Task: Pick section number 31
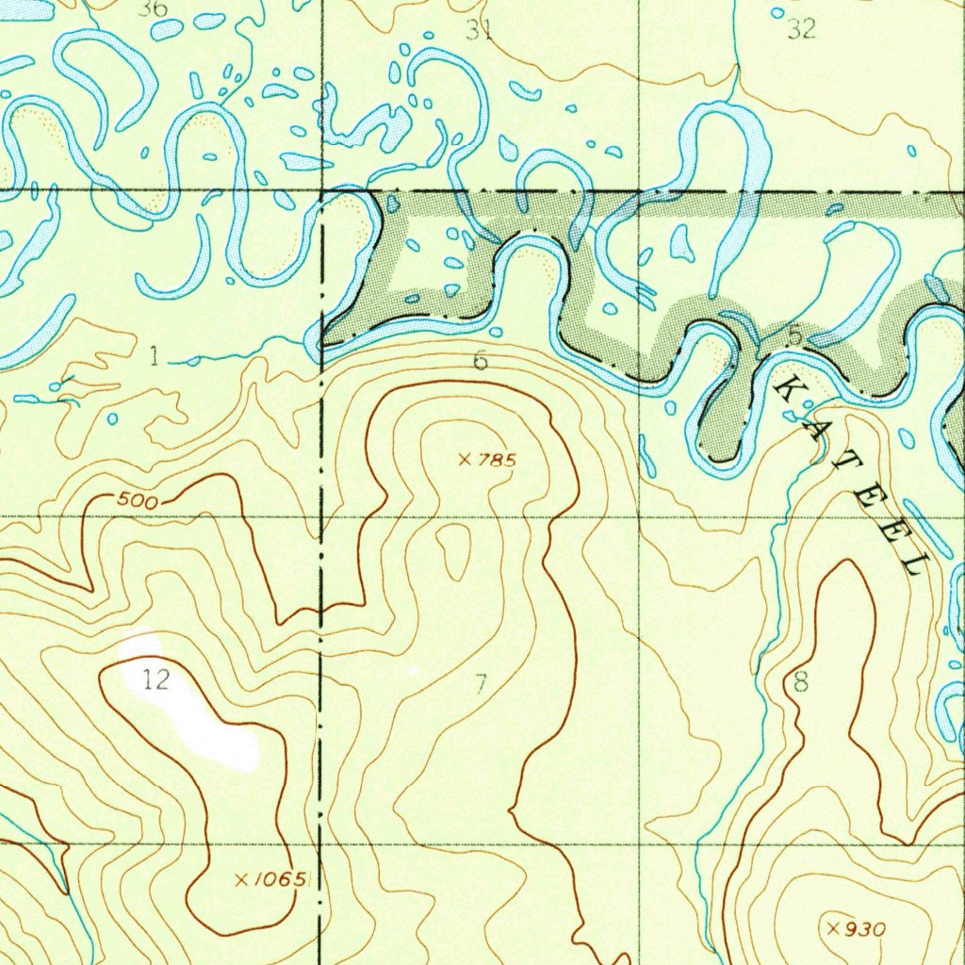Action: pos(480,31)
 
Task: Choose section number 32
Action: pos(801,31)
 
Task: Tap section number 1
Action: pos(154,356)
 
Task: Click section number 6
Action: pos(481,360)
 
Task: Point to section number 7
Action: pos(481,683)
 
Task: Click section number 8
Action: pos(800,682)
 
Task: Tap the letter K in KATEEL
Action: pos(790,390)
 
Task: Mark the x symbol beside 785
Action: pos(464,460)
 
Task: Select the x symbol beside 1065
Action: pos(241,880)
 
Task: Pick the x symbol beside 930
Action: pos(833,929)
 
